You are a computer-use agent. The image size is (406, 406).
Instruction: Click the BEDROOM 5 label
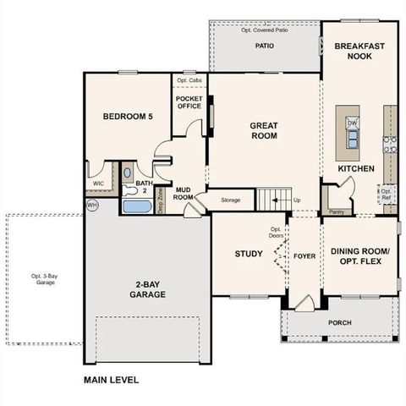point(127,117)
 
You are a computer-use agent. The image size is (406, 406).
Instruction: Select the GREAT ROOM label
point(264,130)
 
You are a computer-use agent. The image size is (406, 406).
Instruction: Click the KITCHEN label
point(356,169)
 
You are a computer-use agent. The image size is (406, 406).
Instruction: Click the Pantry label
point(336,212)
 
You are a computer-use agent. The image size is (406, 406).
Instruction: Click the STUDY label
point(249,254)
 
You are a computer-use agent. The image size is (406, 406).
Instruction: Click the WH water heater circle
point(91,205)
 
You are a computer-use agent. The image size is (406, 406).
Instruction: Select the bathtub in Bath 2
point(136,206)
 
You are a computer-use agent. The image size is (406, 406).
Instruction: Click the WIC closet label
point(98,182)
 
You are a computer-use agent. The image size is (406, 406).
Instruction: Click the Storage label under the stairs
point(231,200)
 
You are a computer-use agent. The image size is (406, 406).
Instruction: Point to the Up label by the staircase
point(296,200)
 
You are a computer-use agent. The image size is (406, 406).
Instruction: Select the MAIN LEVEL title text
point(111,380)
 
